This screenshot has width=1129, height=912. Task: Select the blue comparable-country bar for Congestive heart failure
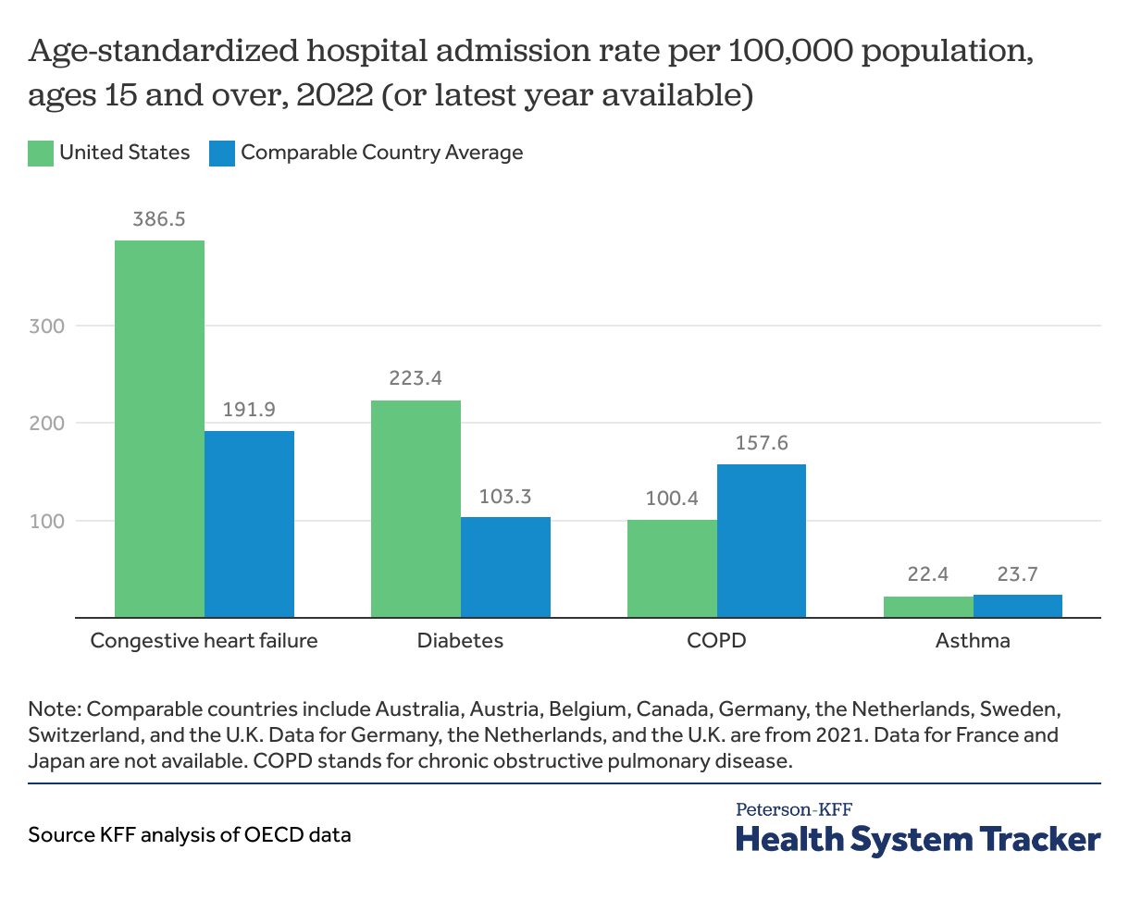pyautogui.click(x=249, y=524)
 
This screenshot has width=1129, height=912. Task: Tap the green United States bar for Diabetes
pyautogui.click(x=416, y=508)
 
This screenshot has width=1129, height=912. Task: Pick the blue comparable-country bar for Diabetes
pyautogui.click(x=505, y=566)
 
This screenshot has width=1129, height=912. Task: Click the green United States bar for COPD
pyautogui.click(x=672, y=568)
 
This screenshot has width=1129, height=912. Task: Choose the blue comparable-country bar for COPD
pyautogui.click(x=762, y=540)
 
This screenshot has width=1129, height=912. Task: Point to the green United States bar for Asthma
pyautogui.click(x=928, y=606)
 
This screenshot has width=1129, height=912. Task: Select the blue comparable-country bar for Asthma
pyautogui.click(x=1018, y=605)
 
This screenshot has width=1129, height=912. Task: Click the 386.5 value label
pyautogui.click(x=159, y=219)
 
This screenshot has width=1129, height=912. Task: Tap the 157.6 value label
pyautogui.click(x=762, y=443)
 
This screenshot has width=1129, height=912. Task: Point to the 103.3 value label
pyautogui.click(x=505, y=497)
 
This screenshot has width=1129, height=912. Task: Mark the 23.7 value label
pyautogui.click(x=1018, y=574)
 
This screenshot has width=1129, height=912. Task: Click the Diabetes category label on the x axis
pyautogui.click(x=460, y=640)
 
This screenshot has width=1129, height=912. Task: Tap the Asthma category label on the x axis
pyautogui.click(x=973, y=640)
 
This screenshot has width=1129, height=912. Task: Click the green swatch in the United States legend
pyautogui.click(x=41, y=154)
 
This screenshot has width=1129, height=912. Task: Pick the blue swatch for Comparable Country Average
pyautogui.click(x=222, y=154)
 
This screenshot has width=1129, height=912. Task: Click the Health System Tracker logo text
pyautogui.click(x=918, y=839)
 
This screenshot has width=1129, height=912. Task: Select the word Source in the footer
pyautogui.click(x=58, y=834)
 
